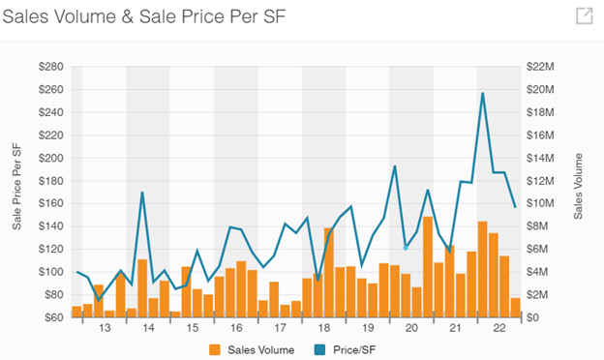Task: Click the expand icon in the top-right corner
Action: point(585,15)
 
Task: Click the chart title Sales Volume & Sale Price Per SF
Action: point(143,16)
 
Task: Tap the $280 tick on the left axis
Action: point(51,67)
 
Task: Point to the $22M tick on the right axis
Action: point(540,67)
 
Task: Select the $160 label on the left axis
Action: point(51,203)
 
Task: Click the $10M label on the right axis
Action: point(540,203)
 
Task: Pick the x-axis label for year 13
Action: point(105,328)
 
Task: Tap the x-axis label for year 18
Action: point(323,328)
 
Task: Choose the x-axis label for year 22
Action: point(498,328)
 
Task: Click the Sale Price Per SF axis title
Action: point(16,187)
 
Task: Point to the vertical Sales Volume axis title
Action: point(578,187)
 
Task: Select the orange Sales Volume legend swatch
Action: point(215,349)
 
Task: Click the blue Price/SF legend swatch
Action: point(319,349)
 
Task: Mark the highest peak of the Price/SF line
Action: point(482,93)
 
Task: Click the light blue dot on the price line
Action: point(406,248)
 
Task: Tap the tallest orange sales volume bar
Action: point(428,267)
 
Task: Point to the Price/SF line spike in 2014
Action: point(142,193)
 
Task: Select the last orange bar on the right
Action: point(515,308)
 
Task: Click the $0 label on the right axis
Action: point(533,317)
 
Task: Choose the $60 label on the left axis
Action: point(54,317)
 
